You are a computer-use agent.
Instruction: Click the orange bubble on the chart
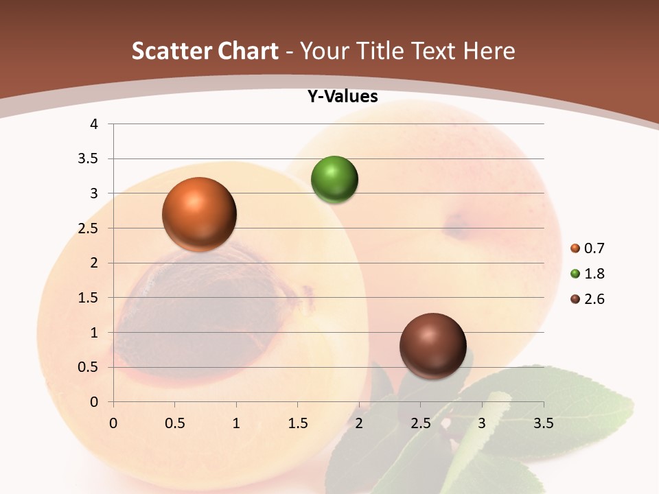[x=200, y=214]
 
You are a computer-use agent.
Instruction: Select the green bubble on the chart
[x=334, y=180]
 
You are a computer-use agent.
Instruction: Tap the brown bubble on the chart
[x=432, y=346]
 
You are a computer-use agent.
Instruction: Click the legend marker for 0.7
[x=575, y=248]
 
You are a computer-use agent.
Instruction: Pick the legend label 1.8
[x=594, y=274]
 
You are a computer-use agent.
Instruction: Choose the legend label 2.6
[x=594, y=299]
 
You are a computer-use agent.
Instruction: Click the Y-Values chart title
[x=343, y=97]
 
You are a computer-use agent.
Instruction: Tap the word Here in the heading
[x=489, y=51]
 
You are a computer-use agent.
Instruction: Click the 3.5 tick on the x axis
[x=544, y=423]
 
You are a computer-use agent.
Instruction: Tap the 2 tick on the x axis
[x=359, y=423]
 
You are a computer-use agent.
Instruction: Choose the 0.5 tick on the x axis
[x=175, y=423]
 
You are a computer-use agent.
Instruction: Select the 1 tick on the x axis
[x=236, y=423]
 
